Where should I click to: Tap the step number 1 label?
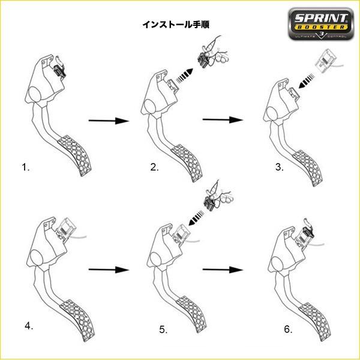tap(25, 167)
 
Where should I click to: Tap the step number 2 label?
tap(155, 167)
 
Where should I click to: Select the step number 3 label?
tap(279, 167)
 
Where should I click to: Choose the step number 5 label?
tap(163, 329)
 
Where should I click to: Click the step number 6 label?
tap(289, 329)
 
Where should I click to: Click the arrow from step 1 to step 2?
tap(109, 121)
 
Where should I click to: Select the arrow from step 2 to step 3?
tap(223, 120)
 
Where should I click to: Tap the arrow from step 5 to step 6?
tap(223, 269)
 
